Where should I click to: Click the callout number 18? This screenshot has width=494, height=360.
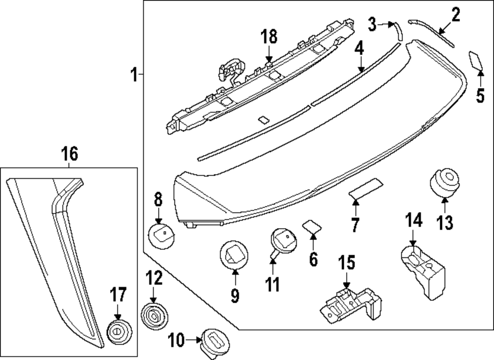(x=269, y=37)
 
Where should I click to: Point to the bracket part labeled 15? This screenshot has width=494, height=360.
(x=351, y=303)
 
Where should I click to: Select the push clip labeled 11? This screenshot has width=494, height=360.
(x=283, y=240)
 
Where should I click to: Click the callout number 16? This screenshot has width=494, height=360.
(x=70, y=154)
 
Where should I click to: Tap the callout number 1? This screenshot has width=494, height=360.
(x=133, y=75)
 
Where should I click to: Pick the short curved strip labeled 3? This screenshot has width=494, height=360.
(x=397, y=31)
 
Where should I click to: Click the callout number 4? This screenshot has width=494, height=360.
(x=359, y=49)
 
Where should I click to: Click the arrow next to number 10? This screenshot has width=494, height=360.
(x=194, y=339)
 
